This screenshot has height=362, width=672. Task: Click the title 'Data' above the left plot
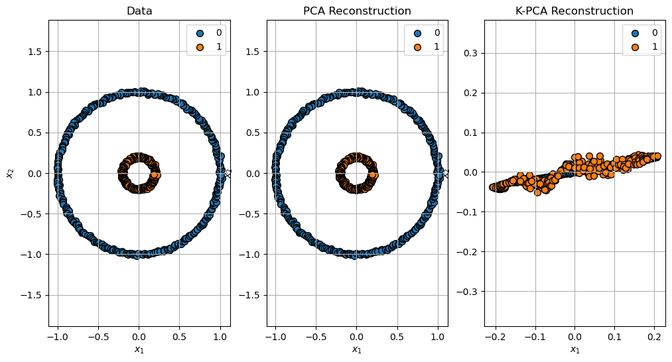(x=139, y=11)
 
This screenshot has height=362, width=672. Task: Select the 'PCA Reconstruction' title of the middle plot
(x=357, y=11)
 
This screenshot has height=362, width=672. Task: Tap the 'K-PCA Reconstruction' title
(x=574, y=11)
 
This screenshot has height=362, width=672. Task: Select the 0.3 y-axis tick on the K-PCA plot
(x=472, y=53)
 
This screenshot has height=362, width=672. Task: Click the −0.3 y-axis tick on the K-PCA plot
(x=470, y=291)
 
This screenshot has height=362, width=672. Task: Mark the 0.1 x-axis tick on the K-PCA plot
(x=615, y=337)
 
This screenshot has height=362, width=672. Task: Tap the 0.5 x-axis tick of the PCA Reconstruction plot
(x=397, y=337)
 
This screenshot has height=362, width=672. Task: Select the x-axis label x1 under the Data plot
(x=139, y=349)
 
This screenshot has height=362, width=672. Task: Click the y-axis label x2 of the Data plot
(x=10, y=173)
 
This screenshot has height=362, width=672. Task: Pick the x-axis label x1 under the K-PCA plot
(x=574, y=349)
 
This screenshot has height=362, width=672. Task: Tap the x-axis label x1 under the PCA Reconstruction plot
(x=357, y=349)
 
